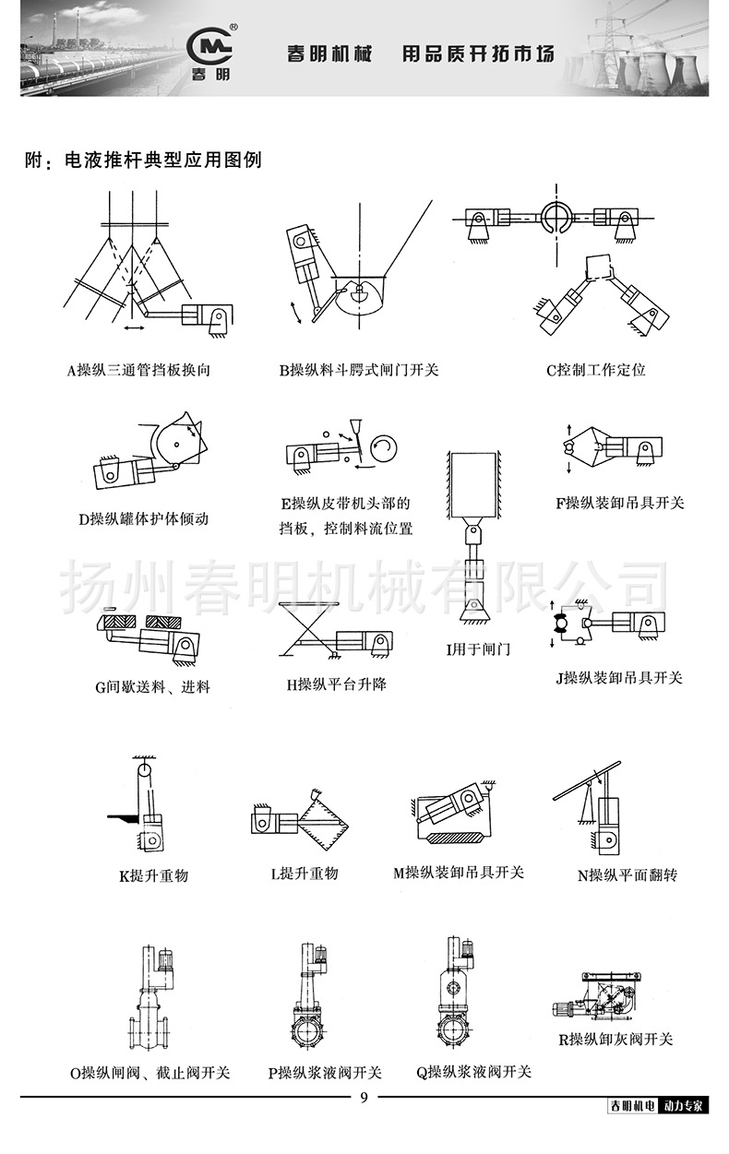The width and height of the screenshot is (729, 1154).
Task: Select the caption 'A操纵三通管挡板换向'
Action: (x=139, y=370)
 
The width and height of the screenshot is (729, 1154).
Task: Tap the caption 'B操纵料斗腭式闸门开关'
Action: (x=359, y=370)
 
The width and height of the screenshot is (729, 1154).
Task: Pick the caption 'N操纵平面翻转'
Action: (x=627, y=874)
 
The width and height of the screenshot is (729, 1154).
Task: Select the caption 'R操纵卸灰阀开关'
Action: (x=615, y=1040)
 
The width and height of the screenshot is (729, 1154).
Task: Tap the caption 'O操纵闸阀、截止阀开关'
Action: (x=150, y=1073)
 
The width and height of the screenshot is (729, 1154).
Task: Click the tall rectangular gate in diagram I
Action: (x=472, y=484)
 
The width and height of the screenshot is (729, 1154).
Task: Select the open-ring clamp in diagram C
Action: (x=557, y=218)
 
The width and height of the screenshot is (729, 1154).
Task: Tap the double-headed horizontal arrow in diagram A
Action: (x=135, y=327)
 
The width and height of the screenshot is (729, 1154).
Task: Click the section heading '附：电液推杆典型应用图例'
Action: (x=143, y=160)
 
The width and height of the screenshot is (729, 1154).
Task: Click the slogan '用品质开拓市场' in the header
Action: (x=478, y=54)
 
